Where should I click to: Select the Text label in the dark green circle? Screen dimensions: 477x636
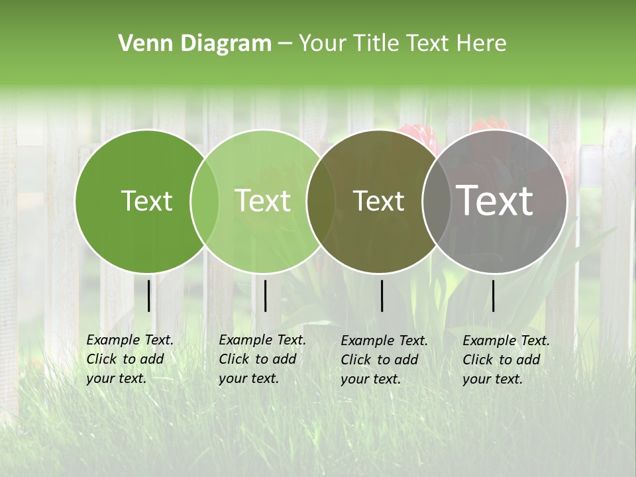146,201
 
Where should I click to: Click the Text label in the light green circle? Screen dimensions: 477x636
263,201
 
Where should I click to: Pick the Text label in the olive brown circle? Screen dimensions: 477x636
378,201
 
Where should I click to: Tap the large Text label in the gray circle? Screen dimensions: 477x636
495,201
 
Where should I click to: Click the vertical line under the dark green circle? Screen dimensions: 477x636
148,295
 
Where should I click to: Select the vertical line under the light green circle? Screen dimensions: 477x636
265,295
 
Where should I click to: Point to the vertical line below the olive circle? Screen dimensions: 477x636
382,295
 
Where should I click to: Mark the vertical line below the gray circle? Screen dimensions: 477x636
493,295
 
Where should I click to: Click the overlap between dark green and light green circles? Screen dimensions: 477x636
205,201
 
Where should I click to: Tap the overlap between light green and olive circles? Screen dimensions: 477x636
321,201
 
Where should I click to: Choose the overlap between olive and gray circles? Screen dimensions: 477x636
437,201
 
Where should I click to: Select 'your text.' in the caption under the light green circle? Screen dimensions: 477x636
248,378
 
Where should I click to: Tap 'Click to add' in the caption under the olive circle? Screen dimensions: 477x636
380,360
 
